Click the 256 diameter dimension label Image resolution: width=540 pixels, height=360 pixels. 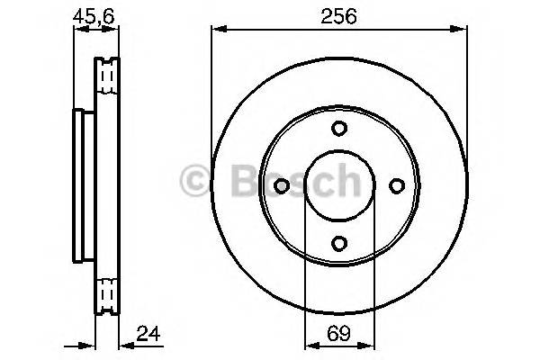[x=339, y=15]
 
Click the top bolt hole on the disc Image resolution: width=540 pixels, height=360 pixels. [x=338, y=128]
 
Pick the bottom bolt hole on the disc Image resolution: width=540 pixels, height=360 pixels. [x=338, y=243]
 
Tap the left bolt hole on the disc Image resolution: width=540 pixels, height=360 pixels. [x=281, y=185]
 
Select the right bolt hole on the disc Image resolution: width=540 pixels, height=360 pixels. [x=396, y=185]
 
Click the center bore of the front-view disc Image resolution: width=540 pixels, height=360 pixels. [x=338, y=185]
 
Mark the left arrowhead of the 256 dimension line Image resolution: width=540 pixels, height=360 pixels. [x=216, y=31]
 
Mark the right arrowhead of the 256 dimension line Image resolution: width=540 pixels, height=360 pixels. [x=463, y=31]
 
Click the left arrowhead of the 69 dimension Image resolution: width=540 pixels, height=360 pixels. [x=310, y=344]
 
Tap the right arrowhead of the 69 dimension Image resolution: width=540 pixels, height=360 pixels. [x=367, y=344]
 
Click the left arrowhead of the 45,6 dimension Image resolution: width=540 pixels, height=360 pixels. [x=77, y=31]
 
